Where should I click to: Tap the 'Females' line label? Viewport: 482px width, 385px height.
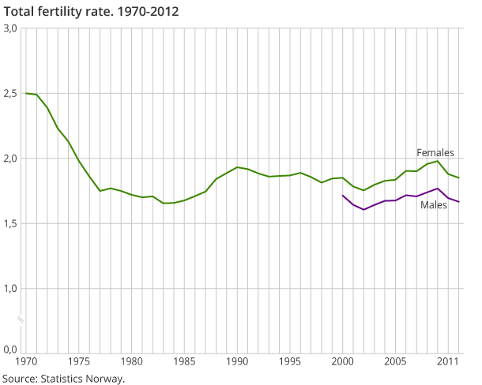(434, 152)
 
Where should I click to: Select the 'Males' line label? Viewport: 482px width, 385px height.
(433, 205)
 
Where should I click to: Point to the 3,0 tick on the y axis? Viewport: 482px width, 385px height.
(10, 28)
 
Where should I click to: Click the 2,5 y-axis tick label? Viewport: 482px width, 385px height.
(10, 94)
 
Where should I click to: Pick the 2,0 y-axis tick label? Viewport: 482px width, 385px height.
(10, 159)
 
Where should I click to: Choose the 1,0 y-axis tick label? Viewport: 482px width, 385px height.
(10, 289)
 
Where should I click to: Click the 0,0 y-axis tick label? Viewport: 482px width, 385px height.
(10, 349)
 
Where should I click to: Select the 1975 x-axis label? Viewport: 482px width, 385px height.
(78, 361)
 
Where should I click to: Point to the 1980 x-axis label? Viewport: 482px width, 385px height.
(131, 361)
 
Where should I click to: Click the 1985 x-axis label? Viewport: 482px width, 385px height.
(184, 361)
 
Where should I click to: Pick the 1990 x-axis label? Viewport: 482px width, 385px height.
(237, 361)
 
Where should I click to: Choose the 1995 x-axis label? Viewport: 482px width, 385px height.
(290, 361)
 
